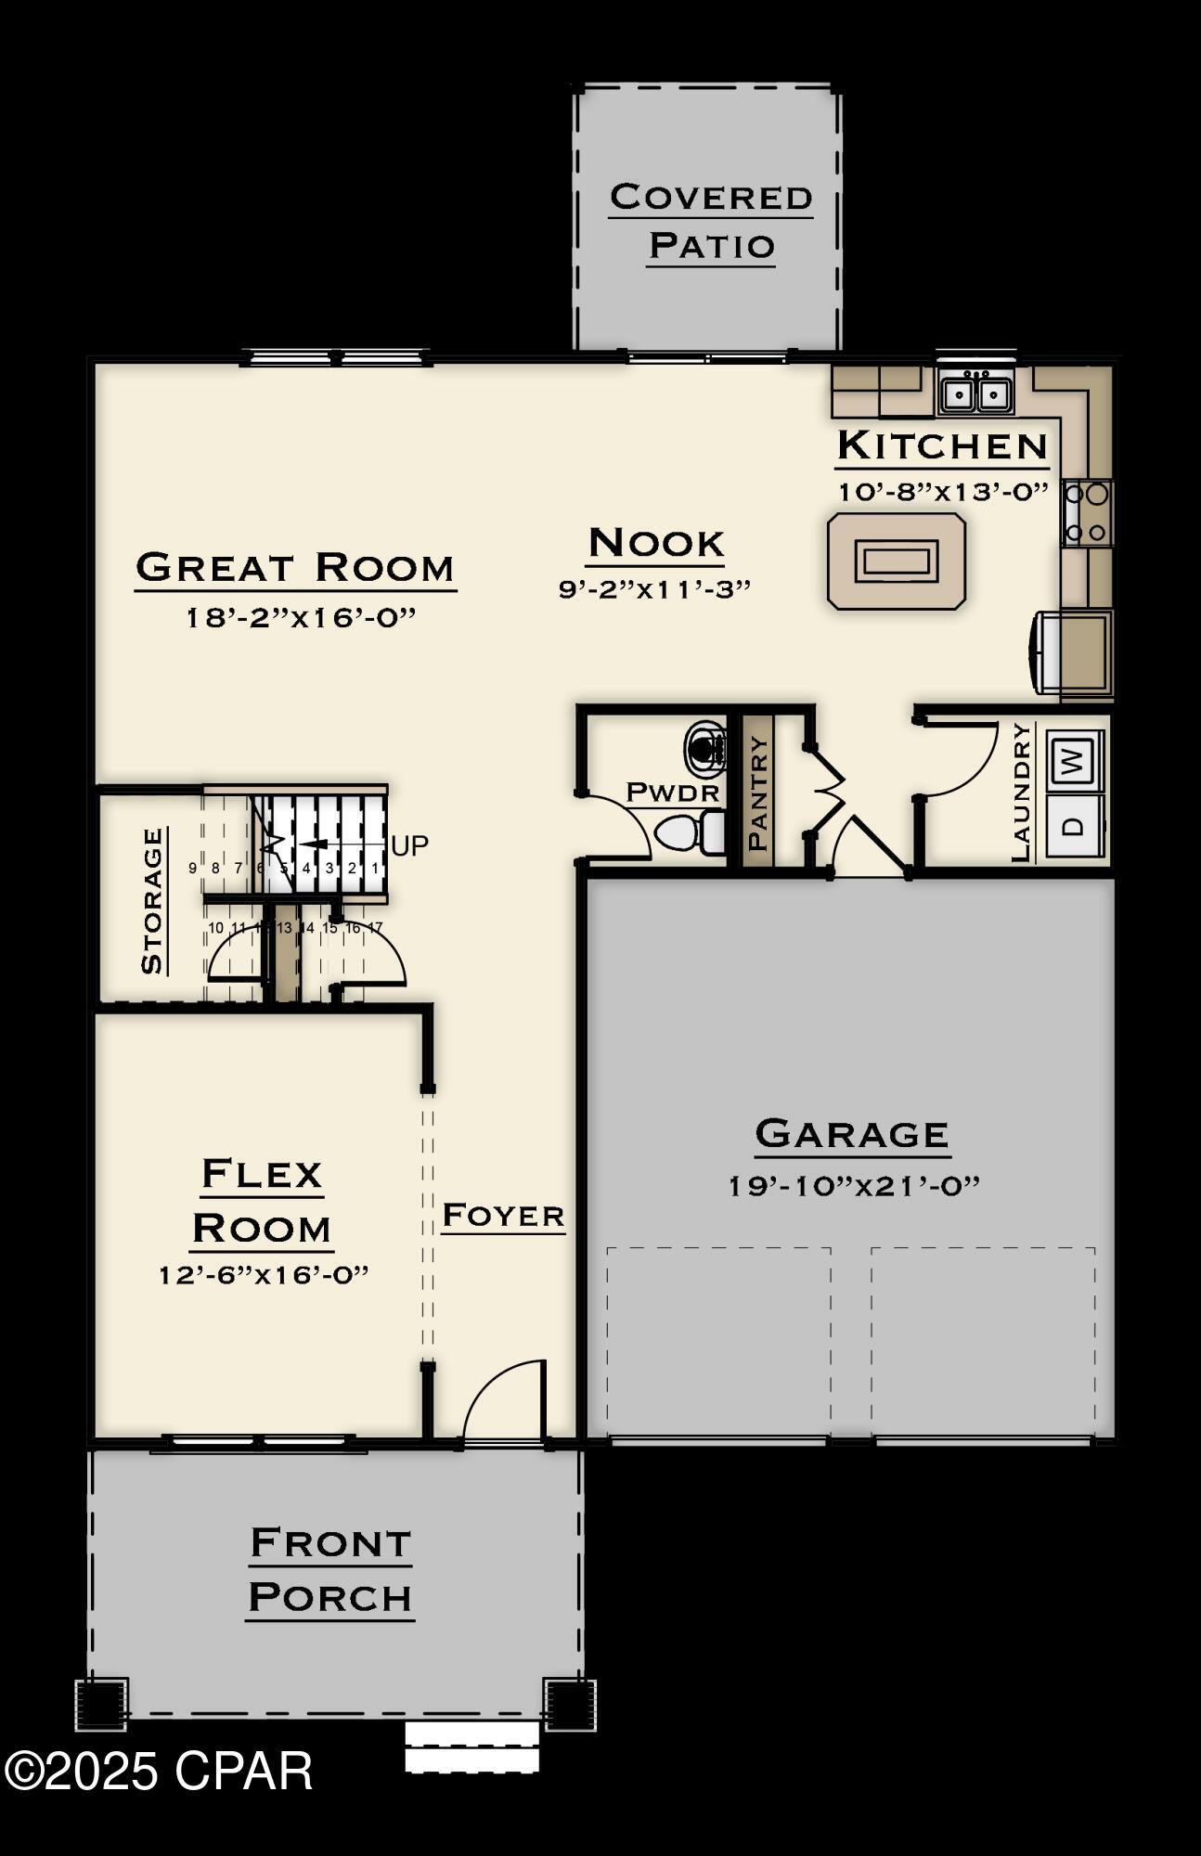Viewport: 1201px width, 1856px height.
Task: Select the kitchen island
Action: (897, 561)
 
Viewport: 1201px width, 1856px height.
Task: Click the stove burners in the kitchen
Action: (1087, 512)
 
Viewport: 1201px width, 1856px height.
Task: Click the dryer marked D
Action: (1074, 825)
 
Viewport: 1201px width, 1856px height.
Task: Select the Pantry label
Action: (757, 793)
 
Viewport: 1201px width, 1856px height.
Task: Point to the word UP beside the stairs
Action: (409, 845)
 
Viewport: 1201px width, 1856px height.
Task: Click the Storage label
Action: (152, 900)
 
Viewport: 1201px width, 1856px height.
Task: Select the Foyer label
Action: (503, 1216)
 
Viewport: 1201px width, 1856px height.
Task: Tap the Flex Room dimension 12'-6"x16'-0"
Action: (264, 1274)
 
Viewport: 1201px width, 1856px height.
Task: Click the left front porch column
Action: (101, 1704)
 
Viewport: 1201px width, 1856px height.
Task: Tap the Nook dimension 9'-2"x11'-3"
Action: (654, 588)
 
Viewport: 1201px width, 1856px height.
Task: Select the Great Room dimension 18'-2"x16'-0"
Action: (300, 617)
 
